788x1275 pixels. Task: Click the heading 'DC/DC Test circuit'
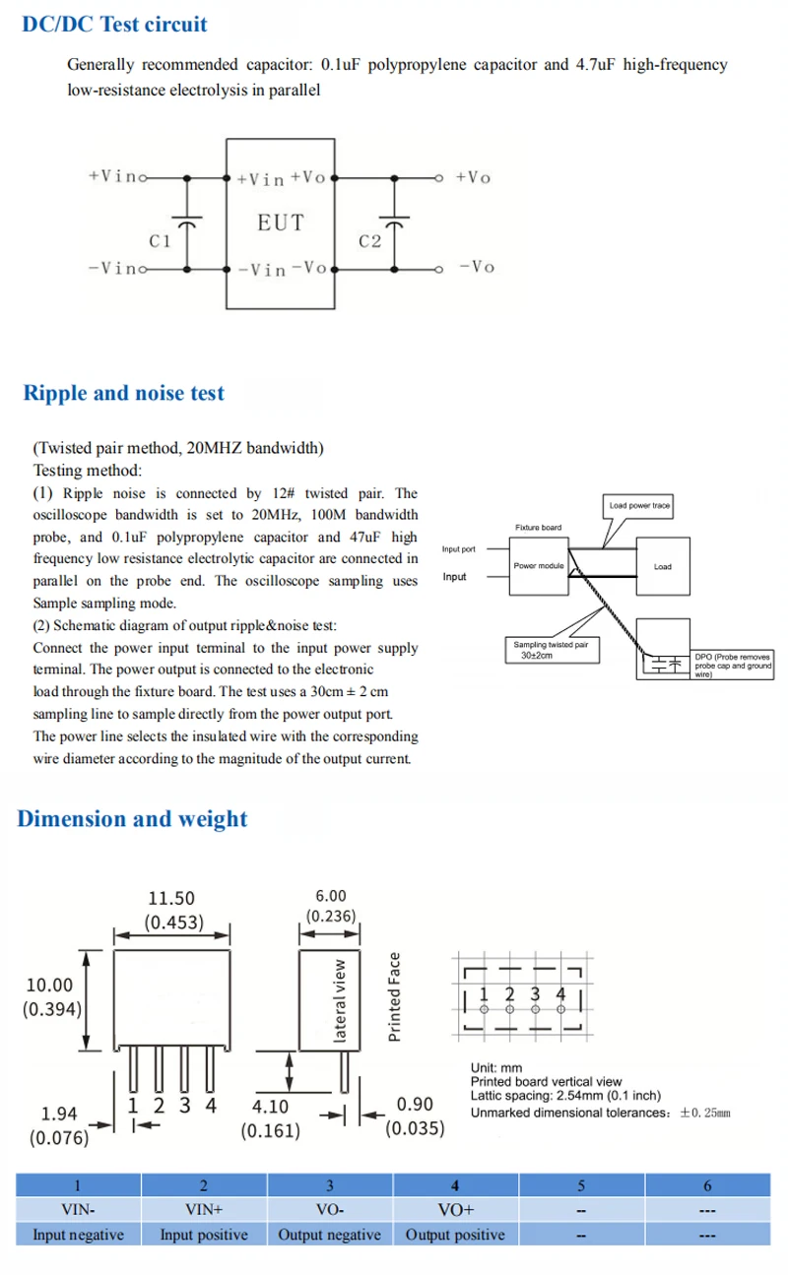click(x=114, y=24)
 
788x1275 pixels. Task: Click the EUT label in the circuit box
click(x=281, y=223)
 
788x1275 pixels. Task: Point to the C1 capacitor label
click(x=160, y=241)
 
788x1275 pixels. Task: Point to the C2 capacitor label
click(x=370, y=241)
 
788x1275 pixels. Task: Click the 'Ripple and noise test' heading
click(x=124, y=393)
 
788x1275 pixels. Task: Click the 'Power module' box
click(x=538, y=566)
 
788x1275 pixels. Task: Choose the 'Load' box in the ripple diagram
click(x=663, y=566)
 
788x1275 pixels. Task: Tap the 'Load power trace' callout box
click(x=639, y=505)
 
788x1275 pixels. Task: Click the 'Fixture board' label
click(x=538, y=528)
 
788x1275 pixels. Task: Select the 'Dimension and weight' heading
click(x=132, y=818)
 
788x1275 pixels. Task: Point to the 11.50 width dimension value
click(x=171, y=898)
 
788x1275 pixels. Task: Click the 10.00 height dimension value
click(x=49, y=985)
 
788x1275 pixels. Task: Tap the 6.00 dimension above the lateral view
click(x=331, y=895)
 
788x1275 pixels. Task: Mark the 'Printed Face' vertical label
click(x=395, y=996)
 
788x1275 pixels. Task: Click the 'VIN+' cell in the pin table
click(x=204, y=1210)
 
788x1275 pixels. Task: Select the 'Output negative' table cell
click(x=329, y=1235)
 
